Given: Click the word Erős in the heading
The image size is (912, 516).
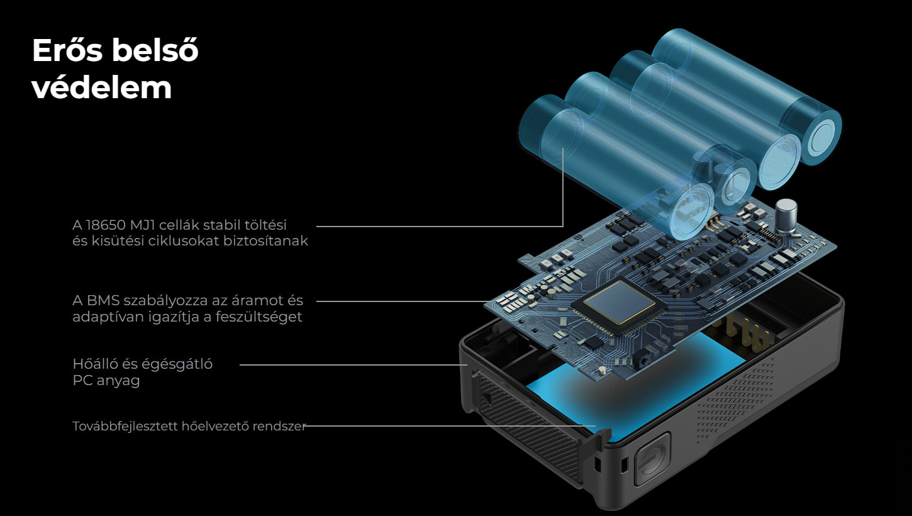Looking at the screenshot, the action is (67, 50).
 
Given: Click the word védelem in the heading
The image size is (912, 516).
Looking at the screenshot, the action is (102, 87).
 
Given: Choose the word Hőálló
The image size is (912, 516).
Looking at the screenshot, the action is (96, 364).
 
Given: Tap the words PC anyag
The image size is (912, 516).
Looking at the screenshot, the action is (106, 380).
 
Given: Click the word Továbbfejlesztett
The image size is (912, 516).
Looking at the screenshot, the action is (125, 426).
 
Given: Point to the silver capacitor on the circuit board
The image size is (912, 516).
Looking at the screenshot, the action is (786, 216).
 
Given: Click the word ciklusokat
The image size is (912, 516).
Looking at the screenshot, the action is (184, 240).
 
